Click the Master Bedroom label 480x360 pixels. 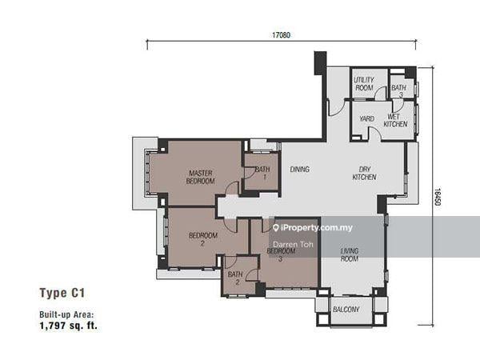[201, 177]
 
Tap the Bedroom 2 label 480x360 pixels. [203, 239]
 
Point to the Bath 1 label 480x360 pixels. [261, 173]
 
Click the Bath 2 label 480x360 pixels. [234, 278]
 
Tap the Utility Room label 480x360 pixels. [364, 84]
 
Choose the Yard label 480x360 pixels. [366, 119]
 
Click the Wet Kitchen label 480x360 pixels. [395, 120]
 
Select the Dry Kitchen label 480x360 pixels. [366, 173]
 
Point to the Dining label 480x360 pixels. [300, 169]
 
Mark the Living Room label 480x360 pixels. [350, 254]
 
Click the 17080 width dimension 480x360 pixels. [280, 35]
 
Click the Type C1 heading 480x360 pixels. [62, 293]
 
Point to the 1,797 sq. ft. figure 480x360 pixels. [68, 326]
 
